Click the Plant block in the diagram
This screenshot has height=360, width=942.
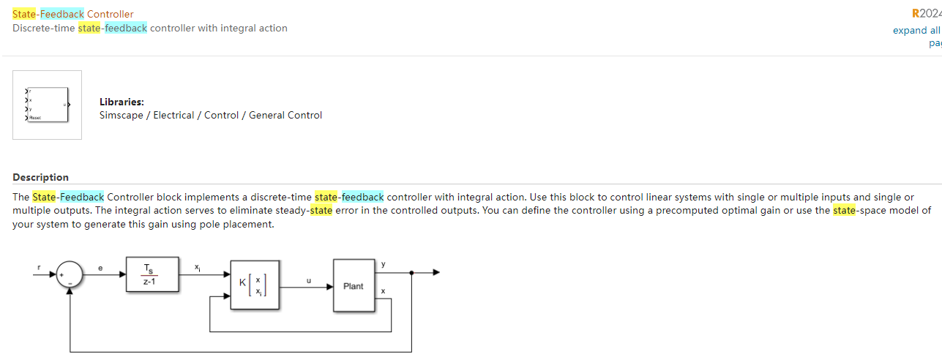354,286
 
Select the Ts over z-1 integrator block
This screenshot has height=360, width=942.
152,276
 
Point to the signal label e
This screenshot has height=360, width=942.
100,269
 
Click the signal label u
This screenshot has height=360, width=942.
308,280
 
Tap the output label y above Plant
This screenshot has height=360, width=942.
383,263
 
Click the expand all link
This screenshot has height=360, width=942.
916,31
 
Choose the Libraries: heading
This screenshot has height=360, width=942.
122,102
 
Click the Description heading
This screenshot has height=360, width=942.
40,177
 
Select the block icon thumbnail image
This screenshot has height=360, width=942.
47,105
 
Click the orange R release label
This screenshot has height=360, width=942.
916,14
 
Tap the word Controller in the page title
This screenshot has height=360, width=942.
110,14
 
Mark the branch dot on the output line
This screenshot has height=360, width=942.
412,272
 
